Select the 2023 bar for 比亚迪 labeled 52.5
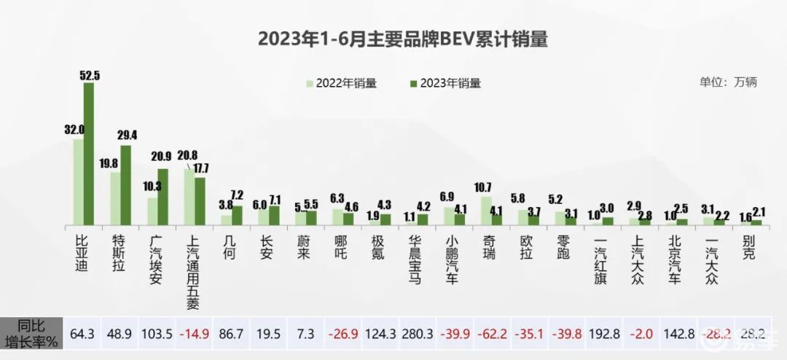click(x=89, y=153)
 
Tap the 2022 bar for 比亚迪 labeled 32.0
click(x=79, y=181)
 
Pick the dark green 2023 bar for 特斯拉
click(x=126, y=184)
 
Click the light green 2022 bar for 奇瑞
click(x=486, y=210)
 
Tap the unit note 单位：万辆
click(x=729, y=82)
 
